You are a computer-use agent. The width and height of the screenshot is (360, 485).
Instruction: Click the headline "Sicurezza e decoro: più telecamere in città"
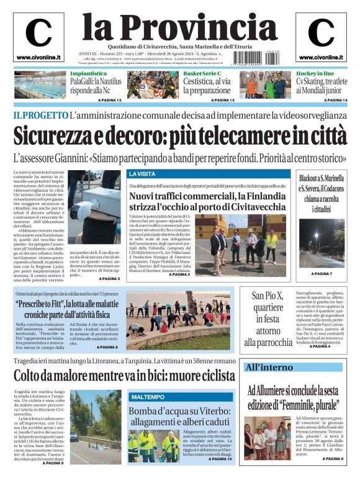coord(179,135)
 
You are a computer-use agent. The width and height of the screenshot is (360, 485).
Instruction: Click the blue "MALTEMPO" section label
coord(148,396)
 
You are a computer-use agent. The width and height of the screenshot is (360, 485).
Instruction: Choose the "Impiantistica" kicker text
coord(88,74)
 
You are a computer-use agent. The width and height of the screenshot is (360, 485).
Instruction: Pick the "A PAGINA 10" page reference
coord(220,459)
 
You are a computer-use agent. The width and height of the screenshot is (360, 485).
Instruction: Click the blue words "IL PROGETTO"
coord(40,115)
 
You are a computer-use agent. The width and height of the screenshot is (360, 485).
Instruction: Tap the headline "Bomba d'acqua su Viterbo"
coord(180,416)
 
